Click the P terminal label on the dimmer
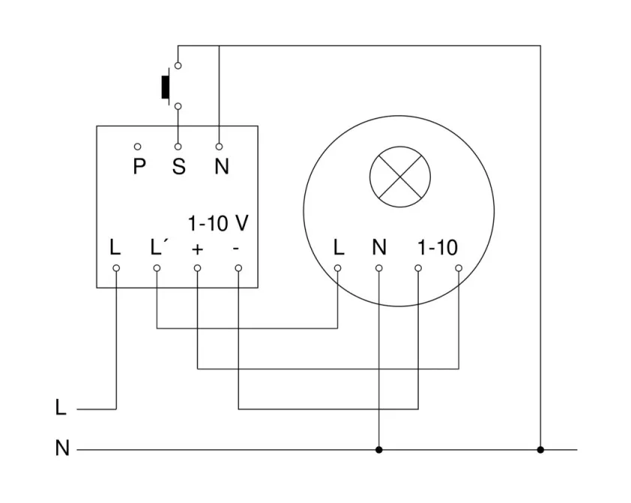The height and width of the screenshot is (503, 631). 139,166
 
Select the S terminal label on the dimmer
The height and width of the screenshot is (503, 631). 178,166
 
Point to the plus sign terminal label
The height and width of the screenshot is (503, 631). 197,249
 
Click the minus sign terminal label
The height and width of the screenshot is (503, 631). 237,249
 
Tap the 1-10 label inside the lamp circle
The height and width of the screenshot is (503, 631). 438,247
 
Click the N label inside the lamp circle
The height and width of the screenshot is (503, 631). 379,247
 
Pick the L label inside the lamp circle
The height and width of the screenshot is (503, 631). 339,247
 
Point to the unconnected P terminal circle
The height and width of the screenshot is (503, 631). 138,146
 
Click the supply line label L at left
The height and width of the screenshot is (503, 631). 61,409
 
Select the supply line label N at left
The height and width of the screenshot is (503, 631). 61,449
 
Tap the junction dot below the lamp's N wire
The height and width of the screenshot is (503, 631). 379,450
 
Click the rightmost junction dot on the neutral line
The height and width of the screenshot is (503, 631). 540,450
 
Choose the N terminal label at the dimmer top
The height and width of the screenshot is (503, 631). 221,166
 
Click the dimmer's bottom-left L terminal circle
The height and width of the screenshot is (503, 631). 116,267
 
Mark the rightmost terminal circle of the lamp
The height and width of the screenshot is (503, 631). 459,267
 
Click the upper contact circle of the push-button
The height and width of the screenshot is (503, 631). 178,66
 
